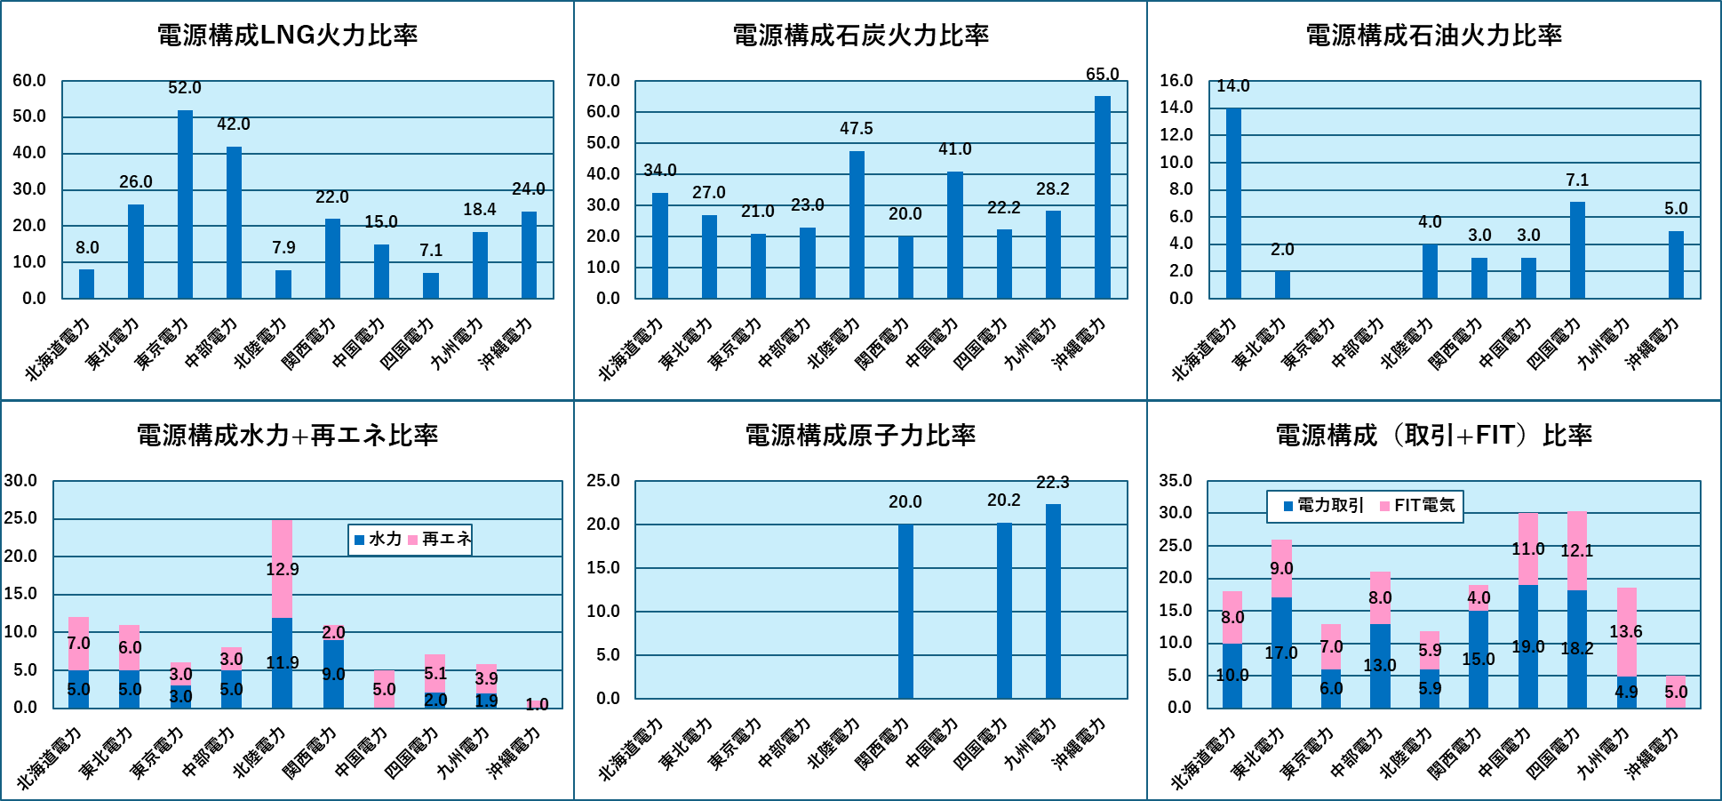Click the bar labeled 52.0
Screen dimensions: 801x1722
point(185,204)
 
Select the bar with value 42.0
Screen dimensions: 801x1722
point(234,222)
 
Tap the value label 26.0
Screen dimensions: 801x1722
point(136,182)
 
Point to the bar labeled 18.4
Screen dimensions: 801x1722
point(480,265)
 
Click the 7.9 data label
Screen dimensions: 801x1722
point(283,248)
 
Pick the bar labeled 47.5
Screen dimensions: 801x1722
point(857,225)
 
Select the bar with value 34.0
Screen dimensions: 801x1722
point(660,245)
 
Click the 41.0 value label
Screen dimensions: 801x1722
point(955,149)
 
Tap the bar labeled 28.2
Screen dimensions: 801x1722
point(1053,254)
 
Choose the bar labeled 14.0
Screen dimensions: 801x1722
point(1233,203)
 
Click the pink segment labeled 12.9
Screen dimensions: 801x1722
point(282,569)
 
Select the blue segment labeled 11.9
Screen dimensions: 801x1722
point(282,663)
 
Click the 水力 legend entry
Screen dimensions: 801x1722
point(378,540)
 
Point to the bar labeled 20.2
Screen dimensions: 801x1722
point(1004,611)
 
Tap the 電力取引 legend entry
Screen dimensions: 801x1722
point(1323,506)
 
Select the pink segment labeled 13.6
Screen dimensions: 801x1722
point(1626,632)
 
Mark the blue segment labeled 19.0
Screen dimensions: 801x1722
point(1528,646)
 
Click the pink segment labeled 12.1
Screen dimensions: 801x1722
point(1577,550)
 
